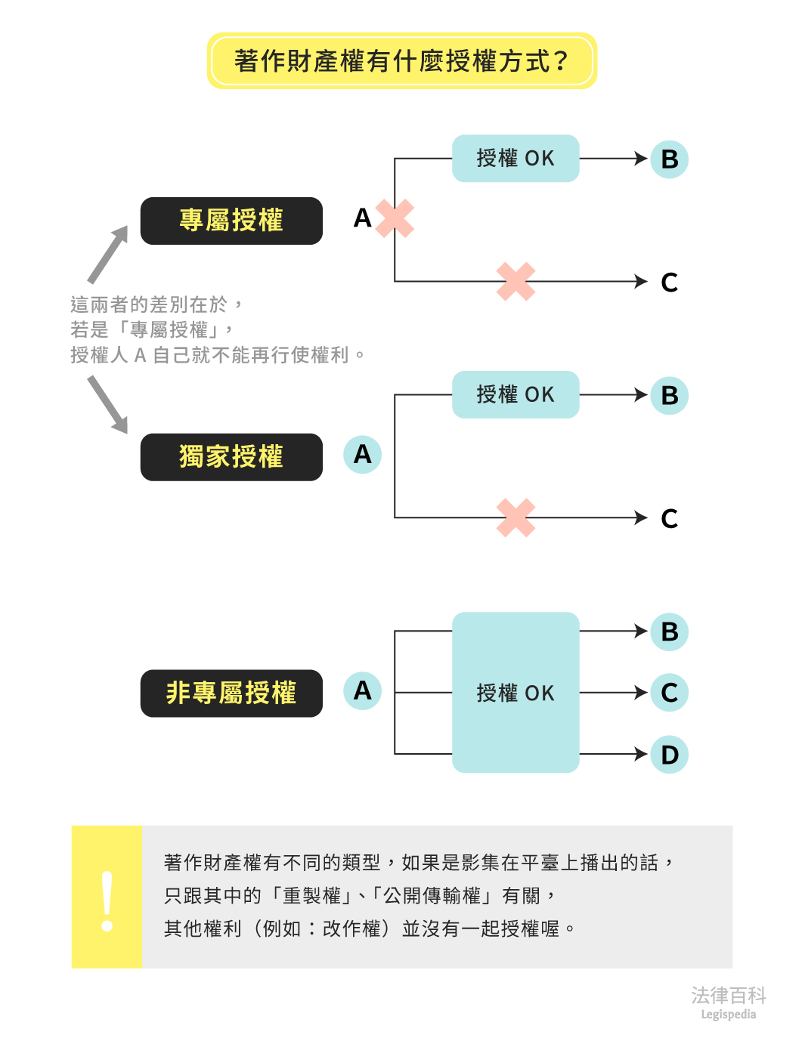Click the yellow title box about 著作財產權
401,60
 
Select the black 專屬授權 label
231,221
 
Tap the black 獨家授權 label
231,457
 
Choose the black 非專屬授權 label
231,693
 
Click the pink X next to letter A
395,218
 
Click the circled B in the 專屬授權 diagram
669,159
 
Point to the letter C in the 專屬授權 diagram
669,283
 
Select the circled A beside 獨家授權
362,455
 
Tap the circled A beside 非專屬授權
362,690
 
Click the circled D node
669,755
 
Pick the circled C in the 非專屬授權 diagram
669,693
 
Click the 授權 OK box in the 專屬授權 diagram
516,159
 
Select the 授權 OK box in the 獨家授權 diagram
516,394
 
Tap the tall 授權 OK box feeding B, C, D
516,692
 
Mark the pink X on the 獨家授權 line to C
516,517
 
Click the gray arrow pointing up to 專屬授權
108,255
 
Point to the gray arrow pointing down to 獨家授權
108,405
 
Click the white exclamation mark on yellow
107,901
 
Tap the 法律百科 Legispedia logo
728,1002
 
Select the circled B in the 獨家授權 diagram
669,395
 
